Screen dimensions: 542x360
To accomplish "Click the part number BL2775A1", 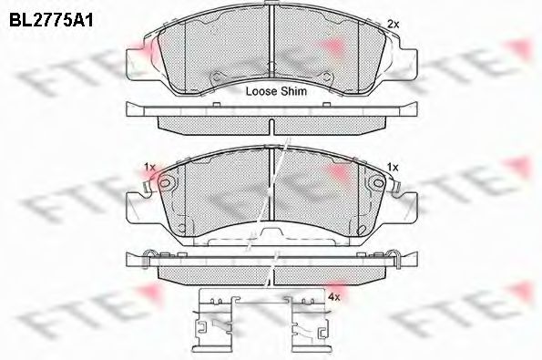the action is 51,20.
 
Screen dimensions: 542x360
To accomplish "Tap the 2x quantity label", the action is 393,25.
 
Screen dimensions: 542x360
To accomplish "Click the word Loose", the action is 261,91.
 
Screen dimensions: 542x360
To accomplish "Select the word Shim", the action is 293,91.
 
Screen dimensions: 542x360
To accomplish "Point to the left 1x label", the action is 149,168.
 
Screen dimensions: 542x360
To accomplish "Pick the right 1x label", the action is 393,168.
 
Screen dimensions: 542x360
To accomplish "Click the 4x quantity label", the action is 334,296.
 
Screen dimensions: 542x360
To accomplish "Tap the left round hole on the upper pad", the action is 216,77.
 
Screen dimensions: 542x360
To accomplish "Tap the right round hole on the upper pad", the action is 326,77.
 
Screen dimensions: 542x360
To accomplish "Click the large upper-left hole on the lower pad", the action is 165,182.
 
